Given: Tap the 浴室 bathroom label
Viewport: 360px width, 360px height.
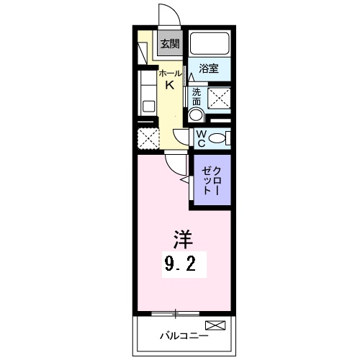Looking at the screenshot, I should click(x=209, y=70).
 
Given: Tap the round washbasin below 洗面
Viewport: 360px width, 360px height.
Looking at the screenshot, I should click(x=196, y=115).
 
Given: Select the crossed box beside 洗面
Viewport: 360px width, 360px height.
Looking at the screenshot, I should click(x=219, y=98).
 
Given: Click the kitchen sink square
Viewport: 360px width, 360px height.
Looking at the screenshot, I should click(x=149, y=107).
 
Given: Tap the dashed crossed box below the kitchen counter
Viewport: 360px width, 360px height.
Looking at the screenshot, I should click(x=148, y=138).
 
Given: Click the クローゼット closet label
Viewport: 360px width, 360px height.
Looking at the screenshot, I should click(x=211, y=180).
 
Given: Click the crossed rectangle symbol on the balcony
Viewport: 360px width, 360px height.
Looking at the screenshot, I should click(x=216, y=325).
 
